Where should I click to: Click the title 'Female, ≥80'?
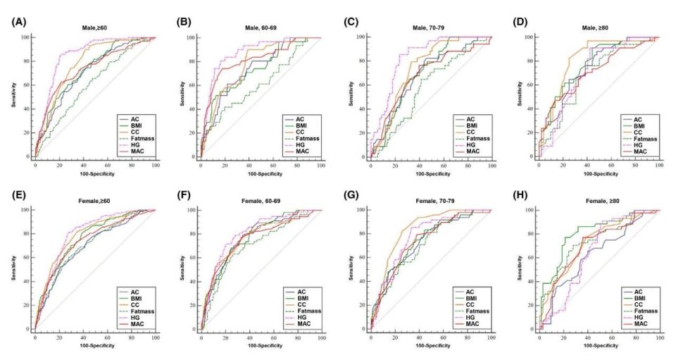pos(596,201)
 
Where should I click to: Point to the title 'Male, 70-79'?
pos(430,29)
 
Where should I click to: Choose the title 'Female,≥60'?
pos(93,201)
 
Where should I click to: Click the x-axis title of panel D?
pos(598,173)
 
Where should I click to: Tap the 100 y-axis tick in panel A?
pos(25,37)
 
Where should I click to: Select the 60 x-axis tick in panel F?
pos(273,337)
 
